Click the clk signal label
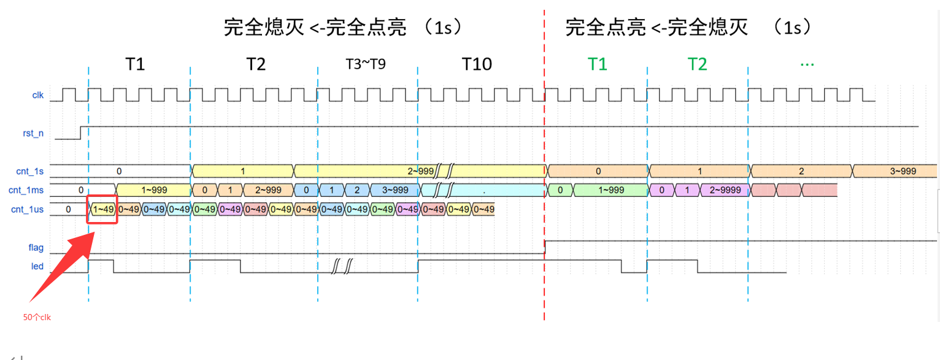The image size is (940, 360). (x=38, y=95)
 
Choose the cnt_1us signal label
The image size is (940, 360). (x=28, y=210)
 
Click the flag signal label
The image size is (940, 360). (x=36, y=248)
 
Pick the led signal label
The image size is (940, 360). (x=37, y=267)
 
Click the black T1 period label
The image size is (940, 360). (x=135, y=64)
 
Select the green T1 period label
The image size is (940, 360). (x=597, y=64)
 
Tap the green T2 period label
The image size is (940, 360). (x=697, y=64)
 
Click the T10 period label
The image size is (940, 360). (x=477, y=64)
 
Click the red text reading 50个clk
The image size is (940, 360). (x=37, y=317)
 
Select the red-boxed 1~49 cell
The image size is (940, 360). (x=103, y=210)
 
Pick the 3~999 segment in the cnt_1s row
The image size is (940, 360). (x=903, y=171)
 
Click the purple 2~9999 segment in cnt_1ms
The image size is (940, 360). (x=725, y=190)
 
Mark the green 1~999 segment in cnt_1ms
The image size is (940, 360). (x=611, y=190)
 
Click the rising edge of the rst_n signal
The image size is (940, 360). (x=81, y=132)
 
